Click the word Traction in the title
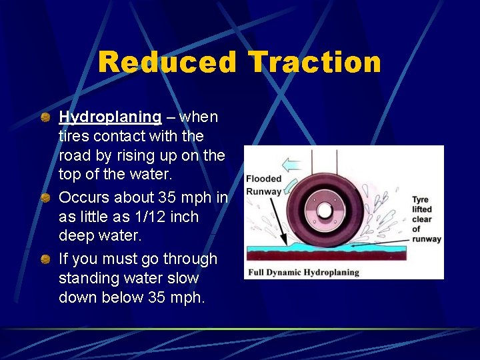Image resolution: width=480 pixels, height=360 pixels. (x=315, y=63)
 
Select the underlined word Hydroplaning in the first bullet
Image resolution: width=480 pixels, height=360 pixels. (x=110, y=117)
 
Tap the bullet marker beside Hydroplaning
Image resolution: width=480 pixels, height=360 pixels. (x=44, y=118)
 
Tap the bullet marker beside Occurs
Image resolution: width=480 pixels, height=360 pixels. (x=44, y=198)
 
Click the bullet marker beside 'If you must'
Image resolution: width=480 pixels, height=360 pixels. (x=44, y=259)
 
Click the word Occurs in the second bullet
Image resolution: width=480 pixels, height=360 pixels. (x=83, y=198)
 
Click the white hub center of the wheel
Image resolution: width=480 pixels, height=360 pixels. (x=324, y=211)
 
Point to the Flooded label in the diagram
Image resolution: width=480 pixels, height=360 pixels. (x=264, y=179)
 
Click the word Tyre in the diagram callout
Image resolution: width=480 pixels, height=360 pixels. (x=420, y=200)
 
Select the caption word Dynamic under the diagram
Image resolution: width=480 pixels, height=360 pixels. (x=293, y=272)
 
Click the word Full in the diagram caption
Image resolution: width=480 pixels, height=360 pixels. (x=259, y=272)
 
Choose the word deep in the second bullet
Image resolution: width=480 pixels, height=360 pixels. (x=76, y=236)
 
